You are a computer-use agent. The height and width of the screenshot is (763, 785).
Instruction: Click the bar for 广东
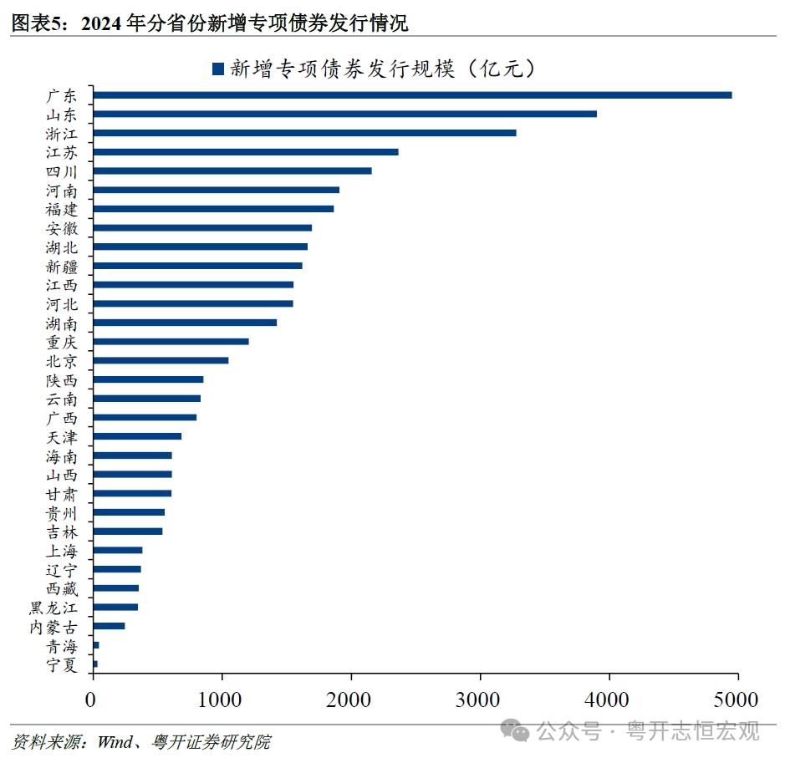(x=412, y=95)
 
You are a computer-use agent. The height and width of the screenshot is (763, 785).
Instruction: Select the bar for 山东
(x=344, y=114)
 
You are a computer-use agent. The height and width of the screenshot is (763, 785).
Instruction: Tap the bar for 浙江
(x=304, y=133)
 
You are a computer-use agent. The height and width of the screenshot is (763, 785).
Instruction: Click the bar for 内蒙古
(x=109, y=626)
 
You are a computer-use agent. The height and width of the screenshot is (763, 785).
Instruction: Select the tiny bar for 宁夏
(x=95, y=664)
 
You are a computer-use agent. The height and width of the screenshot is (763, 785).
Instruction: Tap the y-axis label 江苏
(x=62, y=152)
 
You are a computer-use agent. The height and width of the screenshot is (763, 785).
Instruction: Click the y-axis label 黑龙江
(x=54, y=608)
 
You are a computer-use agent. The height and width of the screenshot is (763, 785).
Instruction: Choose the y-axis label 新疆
(x=62, y=266)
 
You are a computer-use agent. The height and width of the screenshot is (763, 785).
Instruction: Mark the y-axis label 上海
(x=62, y=551)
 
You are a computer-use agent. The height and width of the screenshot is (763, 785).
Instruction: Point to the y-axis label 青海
(x=62, y=645)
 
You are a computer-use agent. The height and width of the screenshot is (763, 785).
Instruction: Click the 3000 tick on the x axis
(x=480, y=695)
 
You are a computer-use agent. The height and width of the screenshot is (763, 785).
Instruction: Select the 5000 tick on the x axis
(x=737, y=695)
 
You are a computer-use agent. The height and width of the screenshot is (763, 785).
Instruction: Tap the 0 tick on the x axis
(x=93, y=695)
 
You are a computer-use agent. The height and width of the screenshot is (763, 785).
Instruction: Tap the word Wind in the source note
(x=115, y=742)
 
